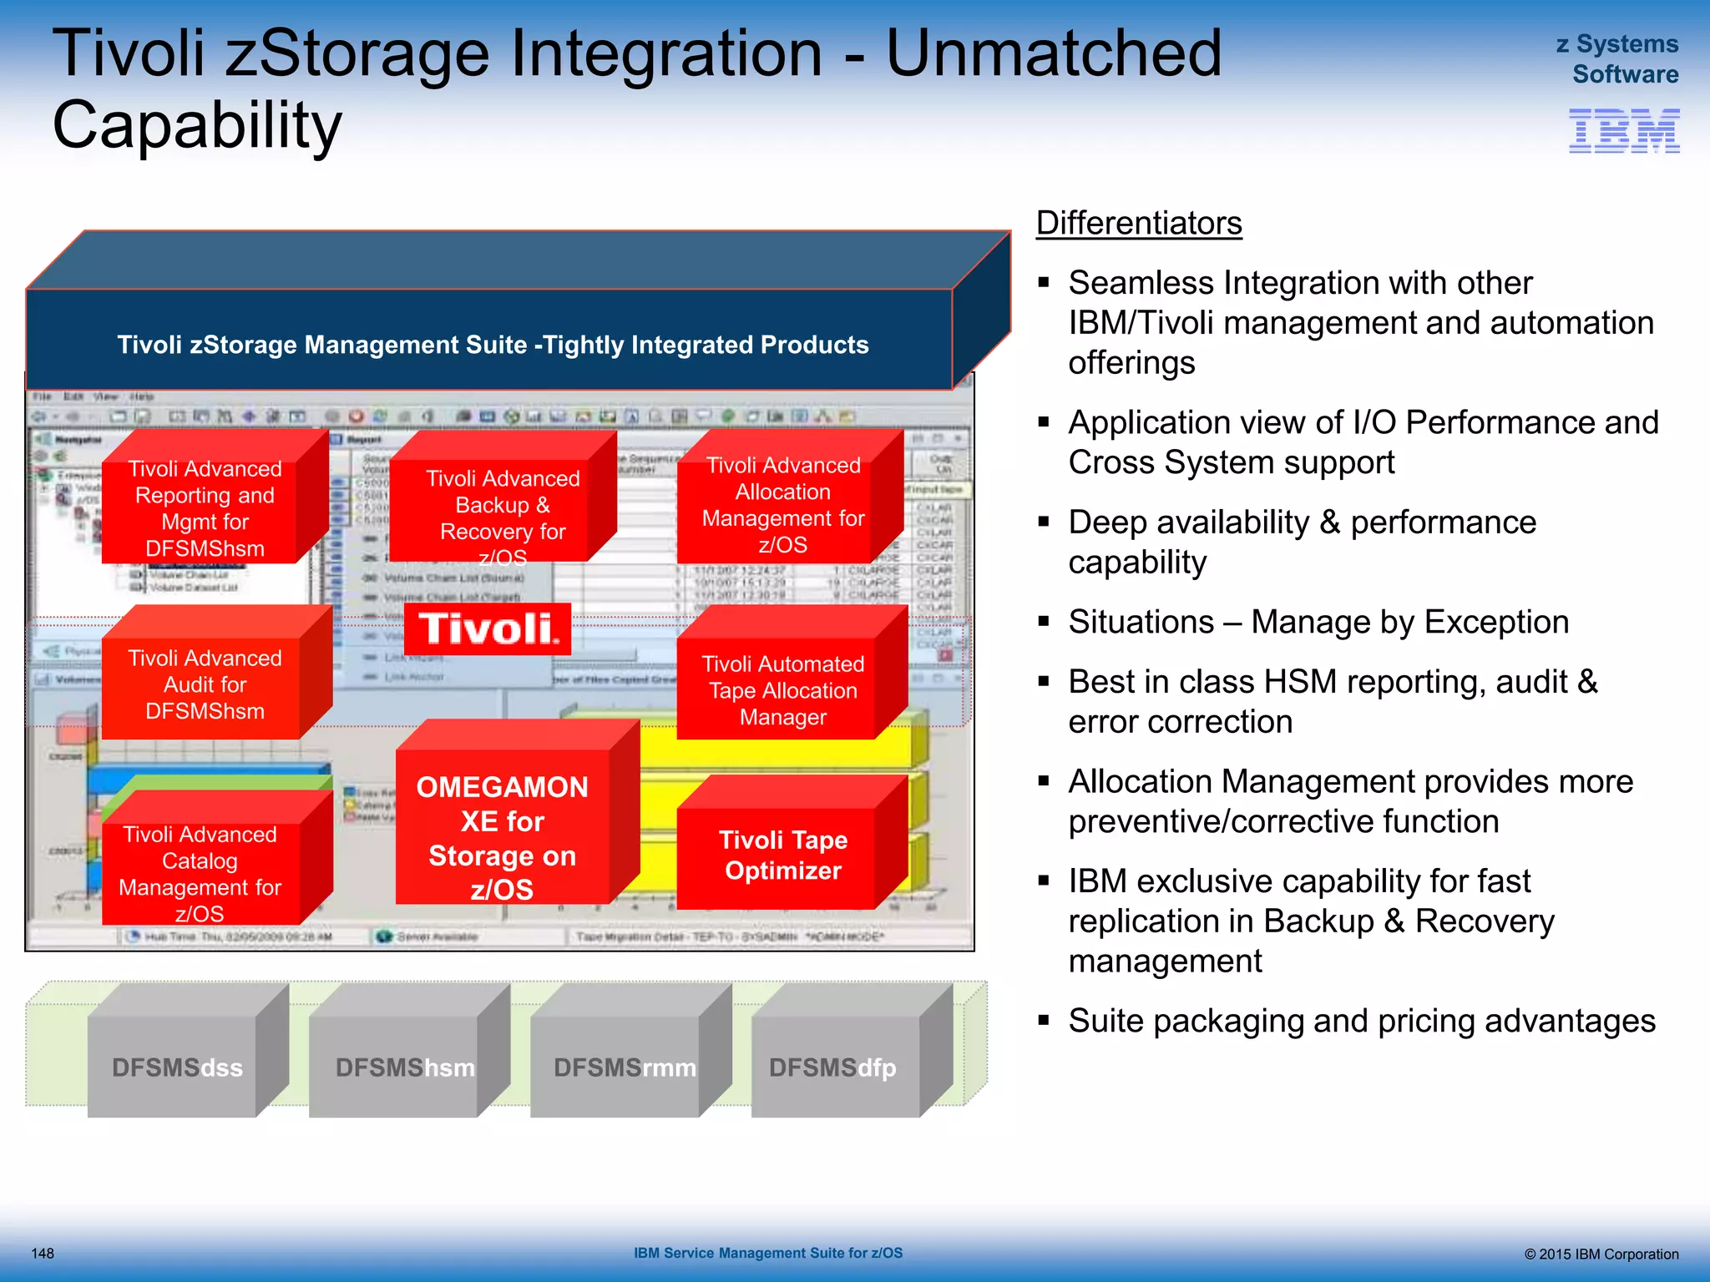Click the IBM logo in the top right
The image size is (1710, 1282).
(1623, 131)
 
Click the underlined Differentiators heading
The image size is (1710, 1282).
(1139, 223)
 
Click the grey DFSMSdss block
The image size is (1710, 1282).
(176, 1067)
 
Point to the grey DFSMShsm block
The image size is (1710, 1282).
(404, 1067)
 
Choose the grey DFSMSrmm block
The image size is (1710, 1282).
(624, 1067)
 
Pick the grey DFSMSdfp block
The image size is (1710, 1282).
(832, 1067)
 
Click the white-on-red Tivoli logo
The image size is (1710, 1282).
(488, 629)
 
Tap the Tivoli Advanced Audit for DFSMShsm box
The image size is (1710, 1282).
(205, 684)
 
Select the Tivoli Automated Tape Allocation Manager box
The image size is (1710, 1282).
(782, 690)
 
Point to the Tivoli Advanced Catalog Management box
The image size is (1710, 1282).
(200, 872)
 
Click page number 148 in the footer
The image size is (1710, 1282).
(43, 1253)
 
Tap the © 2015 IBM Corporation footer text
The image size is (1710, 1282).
(1601, 1254)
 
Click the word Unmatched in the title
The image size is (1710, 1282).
(1053, 53)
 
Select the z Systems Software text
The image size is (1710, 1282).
(1616, 58)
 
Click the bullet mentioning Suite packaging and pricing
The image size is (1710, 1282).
(1361, 1021)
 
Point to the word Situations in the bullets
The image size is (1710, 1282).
(1141, 622)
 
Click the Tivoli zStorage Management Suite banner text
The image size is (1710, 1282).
(493, 345)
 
